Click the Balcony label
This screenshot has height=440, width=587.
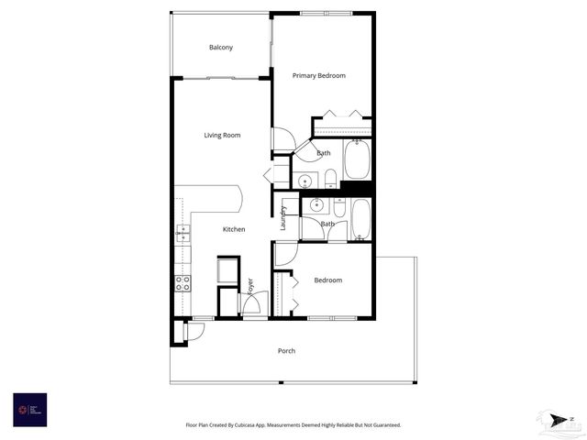coord(221,48)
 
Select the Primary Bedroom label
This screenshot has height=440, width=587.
coord(319,75)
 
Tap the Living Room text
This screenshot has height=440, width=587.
coord(222,136)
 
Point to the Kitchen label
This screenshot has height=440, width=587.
coord(234,229)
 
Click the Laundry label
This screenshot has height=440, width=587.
coord(283,217)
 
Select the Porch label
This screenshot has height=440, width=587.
coord(287,351)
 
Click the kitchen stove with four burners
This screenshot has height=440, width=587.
coord(183,282)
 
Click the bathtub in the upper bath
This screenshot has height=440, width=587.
coord(357,159)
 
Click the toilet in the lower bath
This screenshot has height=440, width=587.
coord(339,208)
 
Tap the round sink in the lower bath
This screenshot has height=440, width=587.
coord(316,204)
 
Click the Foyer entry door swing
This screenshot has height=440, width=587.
coord(256,304)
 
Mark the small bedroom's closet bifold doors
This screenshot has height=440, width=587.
coord(294,292)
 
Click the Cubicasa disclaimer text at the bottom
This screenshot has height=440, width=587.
coord(293,425)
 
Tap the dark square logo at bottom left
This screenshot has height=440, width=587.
coord(29,409)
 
